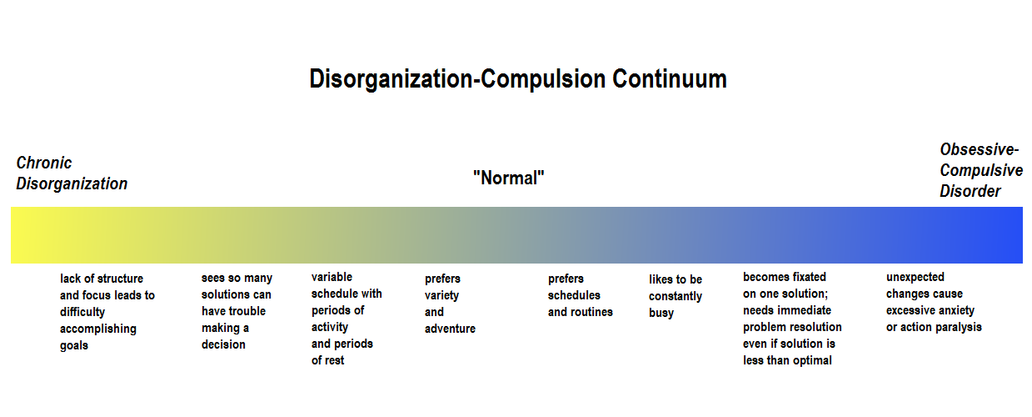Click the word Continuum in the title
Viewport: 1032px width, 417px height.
point(670,79)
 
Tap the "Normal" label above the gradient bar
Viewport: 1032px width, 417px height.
point(509,178)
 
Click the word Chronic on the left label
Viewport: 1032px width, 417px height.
point(44,163)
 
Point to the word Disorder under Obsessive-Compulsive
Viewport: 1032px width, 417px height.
point(970,191)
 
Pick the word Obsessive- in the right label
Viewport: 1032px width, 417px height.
point(979,149)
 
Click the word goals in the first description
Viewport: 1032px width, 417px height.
point(73,346)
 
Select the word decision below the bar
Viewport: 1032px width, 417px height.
point(223,344)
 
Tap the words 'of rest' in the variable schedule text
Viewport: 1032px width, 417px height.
point(327,360)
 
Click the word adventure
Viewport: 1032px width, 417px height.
point(450,329)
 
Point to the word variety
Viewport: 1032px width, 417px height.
point(441,296)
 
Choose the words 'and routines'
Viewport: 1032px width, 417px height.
point(580,312)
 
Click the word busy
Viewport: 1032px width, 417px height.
point(661,314)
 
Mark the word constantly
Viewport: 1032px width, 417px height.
point(676,296)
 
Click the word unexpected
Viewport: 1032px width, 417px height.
point(915,277)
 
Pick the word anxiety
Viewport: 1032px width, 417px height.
point(955,311)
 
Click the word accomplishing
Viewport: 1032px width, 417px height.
point(98,329)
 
